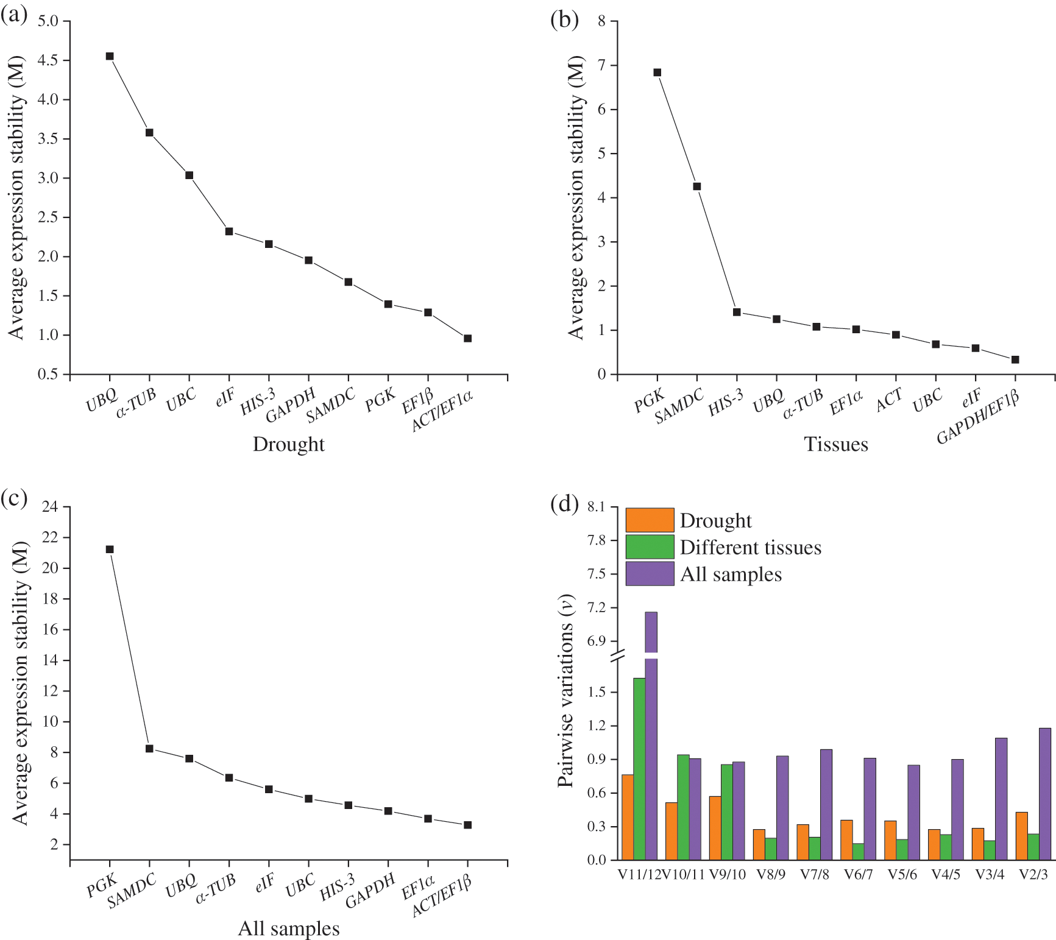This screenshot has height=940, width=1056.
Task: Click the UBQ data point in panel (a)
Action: [x=110, y=56]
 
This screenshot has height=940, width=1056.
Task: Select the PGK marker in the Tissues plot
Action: [x=657, y=72]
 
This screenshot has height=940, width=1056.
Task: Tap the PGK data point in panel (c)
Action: [x=110, y=550]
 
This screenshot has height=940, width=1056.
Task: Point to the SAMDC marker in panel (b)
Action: [x=697, y=186]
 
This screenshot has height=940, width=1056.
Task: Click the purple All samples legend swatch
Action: [x=650, y=574]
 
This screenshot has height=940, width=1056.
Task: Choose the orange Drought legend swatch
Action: [x=650, y=520]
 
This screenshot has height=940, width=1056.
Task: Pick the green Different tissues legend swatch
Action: [x=650, y=547]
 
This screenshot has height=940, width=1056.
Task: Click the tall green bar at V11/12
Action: [x=639, y=768]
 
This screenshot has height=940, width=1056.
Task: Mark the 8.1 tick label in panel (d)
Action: [x=597, y=507]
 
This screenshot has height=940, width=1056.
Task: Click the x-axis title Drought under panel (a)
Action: [x=288, y=444]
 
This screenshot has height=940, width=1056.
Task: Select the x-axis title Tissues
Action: [x=836, y=444]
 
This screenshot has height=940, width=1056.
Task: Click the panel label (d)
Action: [x=564, y=504]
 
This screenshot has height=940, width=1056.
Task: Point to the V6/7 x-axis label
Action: [x=858, y=875]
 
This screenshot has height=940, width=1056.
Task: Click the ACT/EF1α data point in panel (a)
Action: [x=467, y=338]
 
